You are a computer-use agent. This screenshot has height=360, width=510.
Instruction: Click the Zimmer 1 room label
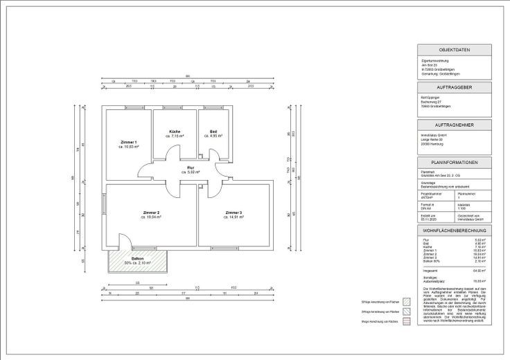click(129, 142)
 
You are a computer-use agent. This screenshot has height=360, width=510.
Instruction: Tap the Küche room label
click(175, 132)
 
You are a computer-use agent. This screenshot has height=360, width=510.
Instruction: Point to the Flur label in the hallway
click(191, 168)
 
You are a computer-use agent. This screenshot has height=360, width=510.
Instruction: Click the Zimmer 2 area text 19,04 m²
click(152, 217)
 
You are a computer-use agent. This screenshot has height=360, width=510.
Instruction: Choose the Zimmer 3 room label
click(234, 212)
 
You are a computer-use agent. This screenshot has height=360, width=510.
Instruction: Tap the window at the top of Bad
click(215, 107)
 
